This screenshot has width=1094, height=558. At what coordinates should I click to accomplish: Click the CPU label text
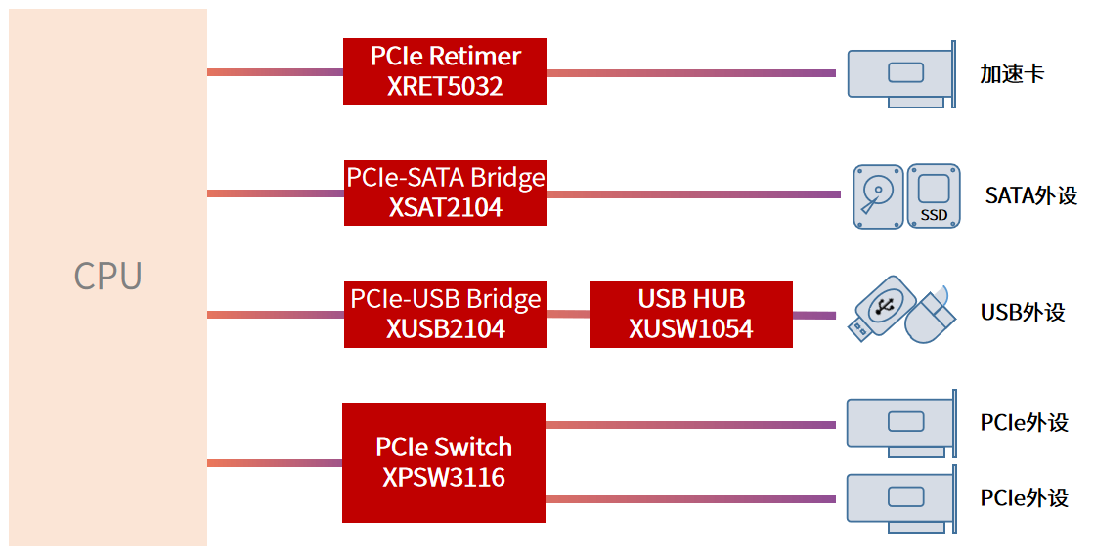coord(108,277)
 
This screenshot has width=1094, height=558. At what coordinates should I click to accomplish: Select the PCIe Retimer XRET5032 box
coord(444,71)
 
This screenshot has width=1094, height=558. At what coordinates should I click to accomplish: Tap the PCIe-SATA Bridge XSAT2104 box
coord(445,193)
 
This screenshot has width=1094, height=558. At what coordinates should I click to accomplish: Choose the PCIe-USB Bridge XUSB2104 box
coord(445,314)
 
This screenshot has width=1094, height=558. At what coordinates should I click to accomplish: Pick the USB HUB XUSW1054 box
coord(690,314)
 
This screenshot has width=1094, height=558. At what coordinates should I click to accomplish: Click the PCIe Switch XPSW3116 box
coord(443,462)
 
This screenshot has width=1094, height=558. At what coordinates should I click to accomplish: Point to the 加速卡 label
coord(1012,74)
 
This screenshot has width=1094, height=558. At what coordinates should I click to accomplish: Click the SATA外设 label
coord(1030,195)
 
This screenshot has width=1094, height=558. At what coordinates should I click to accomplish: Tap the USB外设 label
coord(1022,313)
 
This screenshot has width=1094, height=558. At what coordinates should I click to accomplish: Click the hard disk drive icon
coord(878,195)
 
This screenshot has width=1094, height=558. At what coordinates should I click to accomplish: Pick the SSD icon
coord(934,195)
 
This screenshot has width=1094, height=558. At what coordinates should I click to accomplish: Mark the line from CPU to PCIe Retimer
coord(275,72)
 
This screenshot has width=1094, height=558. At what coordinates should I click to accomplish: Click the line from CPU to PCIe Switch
coord(275,463)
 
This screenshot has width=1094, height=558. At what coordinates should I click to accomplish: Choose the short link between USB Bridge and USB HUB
coord(568,315)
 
